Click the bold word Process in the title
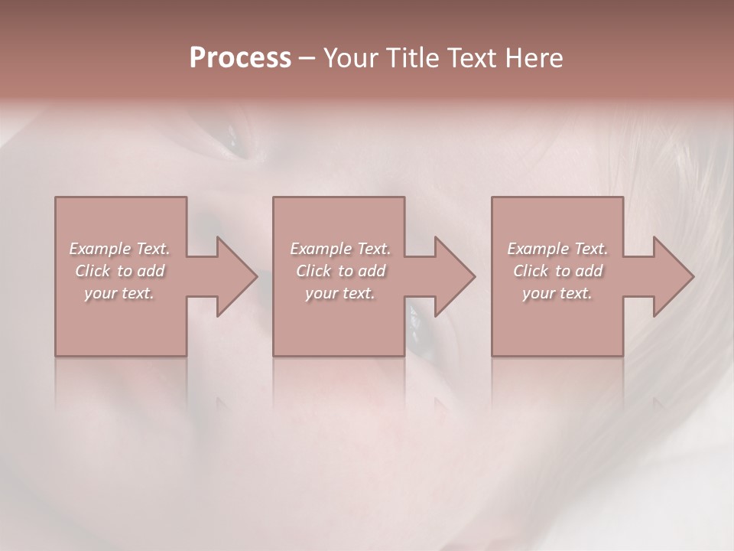[240, 58]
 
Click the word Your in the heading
[349, 58]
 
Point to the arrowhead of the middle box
[453, 276]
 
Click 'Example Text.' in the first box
[119, 249]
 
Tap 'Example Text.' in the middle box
[340, 249]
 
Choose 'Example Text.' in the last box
[557, 249]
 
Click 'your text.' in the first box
[119, 293]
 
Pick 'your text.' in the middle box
[340, 293]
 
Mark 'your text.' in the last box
[557, 293]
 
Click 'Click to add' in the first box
[119, 271]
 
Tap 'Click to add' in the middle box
[340, 271]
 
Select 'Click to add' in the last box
[557, 271]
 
